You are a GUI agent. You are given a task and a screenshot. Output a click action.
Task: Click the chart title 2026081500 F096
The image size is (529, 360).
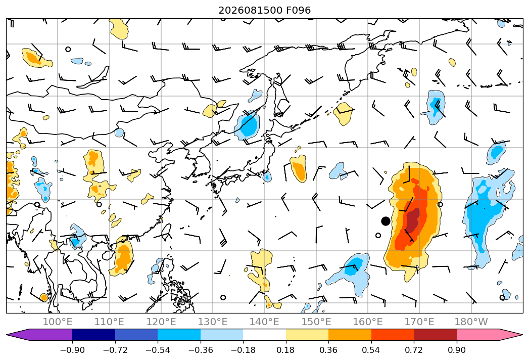coord(265,10)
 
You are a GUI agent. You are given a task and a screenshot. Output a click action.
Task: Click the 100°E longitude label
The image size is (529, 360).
coord(58,322)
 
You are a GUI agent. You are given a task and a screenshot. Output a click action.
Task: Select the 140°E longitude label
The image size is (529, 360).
coord(264,322)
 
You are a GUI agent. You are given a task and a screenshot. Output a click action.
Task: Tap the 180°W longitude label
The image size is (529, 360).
coord(471,322)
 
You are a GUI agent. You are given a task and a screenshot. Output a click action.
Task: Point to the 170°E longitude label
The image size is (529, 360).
coord(419,322)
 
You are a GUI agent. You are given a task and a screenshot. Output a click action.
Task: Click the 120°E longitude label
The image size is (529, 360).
coord(161,322)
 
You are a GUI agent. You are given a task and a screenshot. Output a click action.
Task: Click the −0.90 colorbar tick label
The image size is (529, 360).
coord(72,350)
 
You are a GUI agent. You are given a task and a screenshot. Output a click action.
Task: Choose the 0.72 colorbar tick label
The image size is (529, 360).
coord(414,350)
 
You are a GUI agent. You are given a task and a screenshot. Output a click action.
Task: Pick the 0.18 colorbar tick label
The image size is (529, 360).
coord(286,350)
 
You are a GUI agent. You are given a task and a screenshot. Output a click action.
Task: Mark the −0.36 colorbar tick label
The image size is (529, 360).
coord(201,350)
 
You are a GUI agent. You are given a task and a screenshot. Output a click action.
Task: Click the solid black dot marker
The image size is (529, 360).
coord(386,221)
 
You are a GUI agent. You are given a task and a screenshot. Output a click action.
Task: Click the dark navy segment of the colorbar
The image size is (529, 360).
coord(94,334)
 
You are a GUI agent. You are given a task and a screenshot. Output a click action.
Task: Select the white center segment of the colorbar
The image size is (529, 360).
coord(265,334)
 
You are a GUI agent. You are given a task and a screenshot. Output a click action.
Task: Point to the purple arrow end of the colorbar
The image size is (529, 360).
coord(39,334)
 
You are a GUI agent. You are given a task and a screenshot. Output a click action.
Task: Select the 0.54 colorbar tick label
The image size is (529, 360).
coord(371,350)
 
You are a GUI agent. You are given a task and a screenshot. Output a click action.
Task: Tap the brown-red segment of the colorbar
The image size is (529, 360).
coord(435,334)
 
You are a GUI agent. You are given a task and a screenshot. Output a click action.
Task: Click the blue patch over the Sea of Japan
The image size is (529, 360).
coord(248,125)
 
